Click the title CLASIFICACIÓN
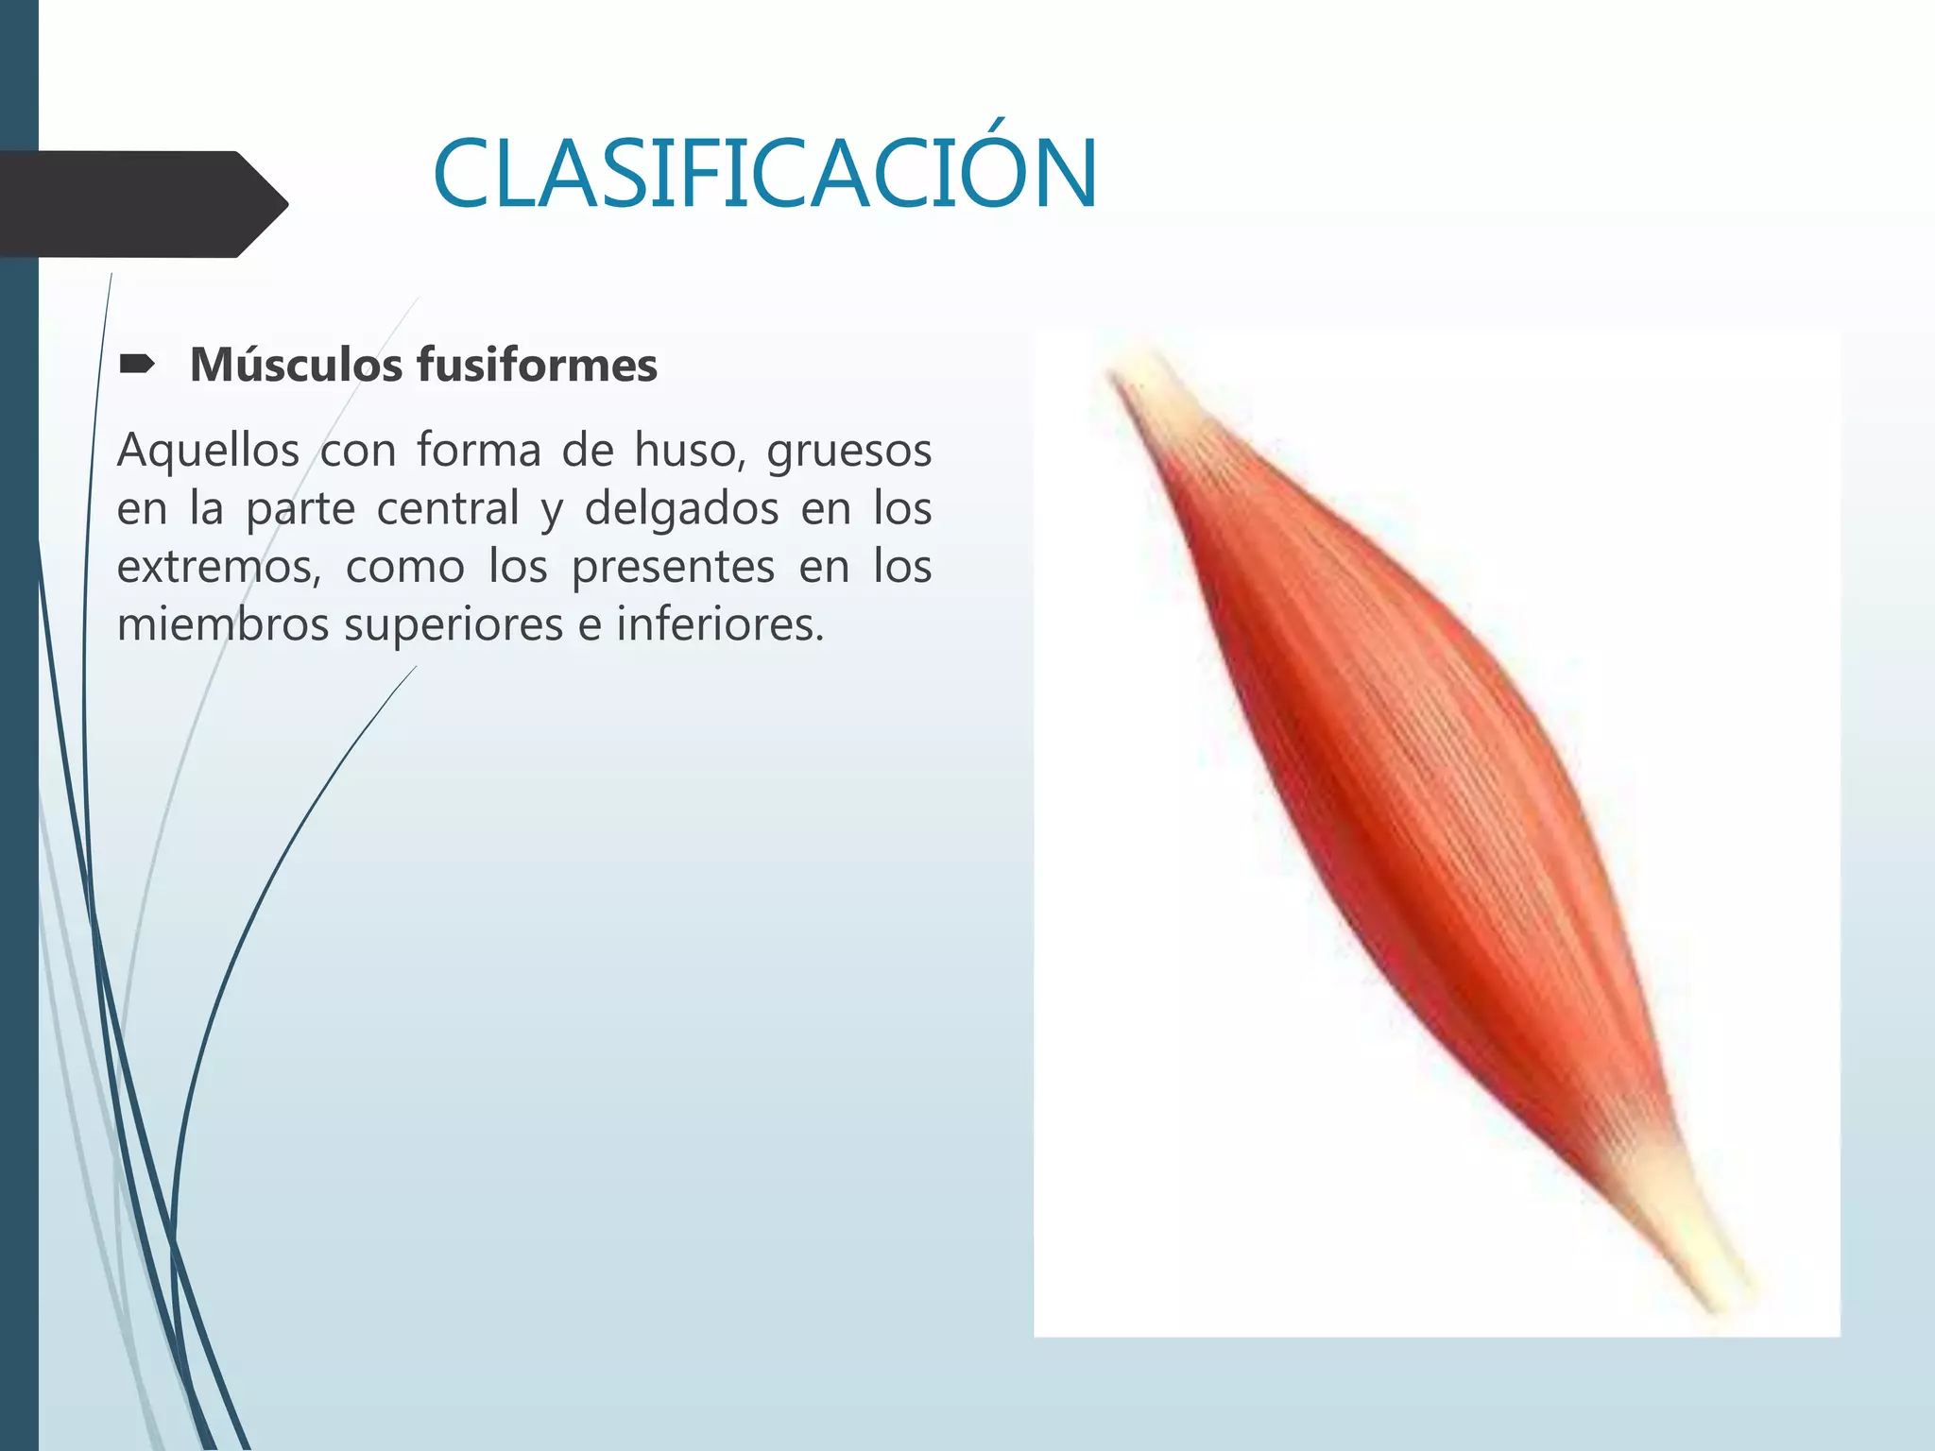click(765, 175)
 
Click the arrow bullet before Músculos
click(138, 364)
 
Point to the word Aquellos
click(208, 450)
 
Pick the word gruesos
click(848, 452)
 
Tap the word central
click(448, 508)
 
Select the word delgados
click(681, 510)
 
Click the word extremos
click(218, 567)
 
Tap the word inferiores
click(720, 624)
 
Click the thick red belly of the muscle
click(1417, 803)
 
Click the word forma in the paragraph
click(479, 450)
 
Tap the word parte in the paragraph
click(300, 510)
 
